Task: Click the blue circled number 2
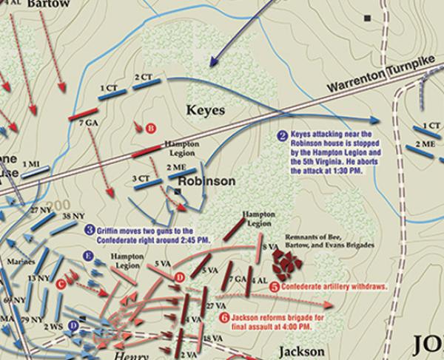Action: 282,135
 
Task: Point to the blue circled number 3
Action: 90,230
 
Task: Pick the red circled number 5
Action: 275,286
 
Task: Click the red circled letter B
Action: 150,127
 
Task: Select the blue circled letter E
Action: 88,257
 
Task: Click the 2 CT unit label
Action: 144,77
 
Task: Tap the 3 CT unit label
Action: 139,177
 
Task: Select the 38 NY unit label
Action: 71,217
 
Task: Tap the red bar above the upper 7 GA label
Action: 83,115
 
